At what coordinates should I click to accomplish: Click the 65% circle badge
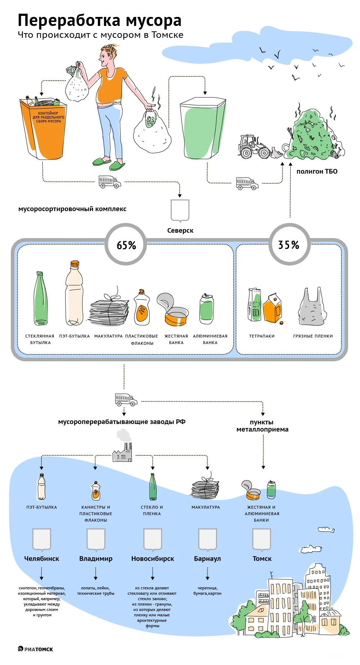coord(126,245)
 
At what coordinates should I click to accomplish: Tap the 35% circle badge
coord(289,245)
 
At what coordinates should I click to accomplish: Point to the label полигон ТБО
coord(317,171)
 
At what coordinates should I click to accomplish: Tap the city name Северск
coord(180,231)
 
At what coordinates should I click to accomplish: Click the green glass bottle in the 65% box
coord(40,299)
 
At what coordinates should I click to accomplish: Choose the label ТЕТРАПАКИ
coord(262,336)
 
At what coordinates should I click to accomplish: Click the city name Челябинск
coord(41,559)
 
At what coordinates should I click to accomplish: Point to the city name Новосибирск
coord(152,559)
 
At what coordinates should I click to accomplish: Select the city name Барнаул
coord(207,559)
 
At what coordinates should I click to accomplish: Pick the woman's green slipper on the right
coord(117,166)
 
